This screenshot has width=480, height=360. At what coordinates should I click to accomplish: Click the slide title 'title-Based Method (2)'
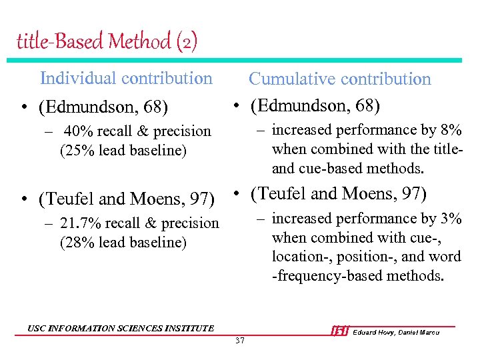107,42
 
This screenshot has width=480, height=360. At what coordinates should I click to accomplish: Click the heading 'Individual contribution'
126,78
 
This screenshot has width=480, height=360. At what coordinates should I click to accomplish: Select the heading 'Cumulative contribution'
340,79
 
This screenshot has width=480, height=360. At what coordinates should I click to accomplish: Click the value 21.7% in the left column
78,223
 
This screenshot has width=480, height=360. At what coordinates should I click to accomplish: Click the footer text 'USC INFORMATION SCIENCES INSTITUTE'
121,328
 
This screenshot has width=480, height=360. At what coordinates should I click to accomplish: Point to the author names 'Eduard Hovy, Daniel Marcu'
396,332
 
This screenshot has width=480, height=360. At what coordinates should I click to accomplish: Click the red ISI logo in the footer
339,331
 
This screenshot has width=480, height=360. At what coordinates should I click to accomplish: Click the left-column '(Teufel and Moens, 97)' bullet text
127,199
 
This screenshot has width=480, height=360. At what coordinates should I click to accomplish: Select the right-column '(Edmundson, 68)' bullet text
315,106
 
